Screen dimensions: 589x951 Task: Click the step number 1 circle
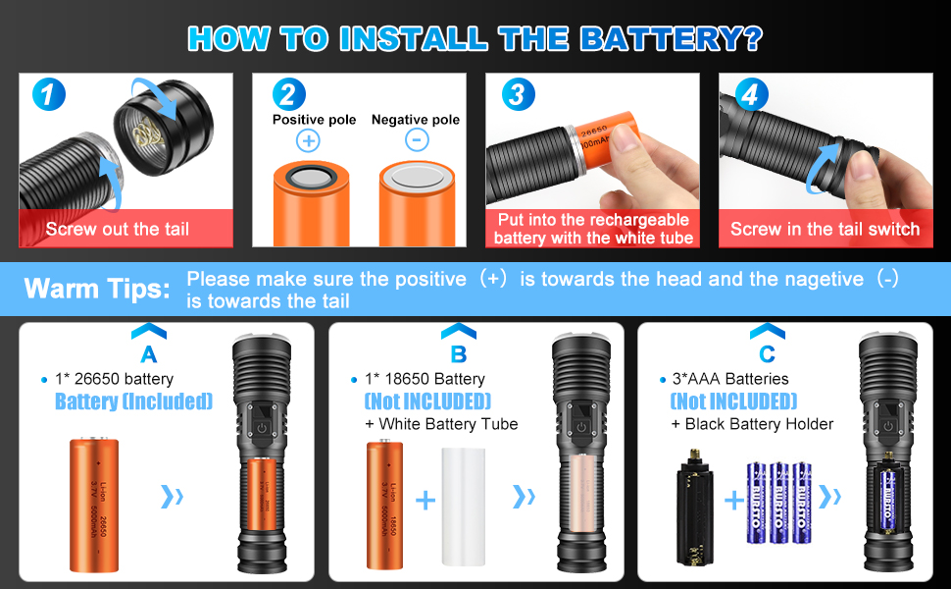[49, 95]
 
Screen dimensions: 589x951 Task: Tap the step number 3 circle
[518, 95]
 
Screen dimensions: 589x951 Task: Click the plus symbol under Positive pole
[309, 140]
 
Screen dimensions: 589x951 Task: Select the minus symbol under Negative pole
[416, 140]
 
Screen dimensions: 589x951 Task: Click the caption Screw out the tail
[118, 229]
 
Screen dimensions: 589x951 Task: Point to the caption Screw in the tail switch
[825, 229]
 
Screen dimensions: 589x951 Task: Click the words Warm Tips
[96, 289]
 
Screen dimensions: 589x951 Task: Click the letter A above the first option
[149, 354]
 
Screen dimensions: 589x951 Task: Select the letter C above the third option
[767, 354]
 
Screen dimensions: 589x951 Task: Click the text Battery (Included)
[133, 402]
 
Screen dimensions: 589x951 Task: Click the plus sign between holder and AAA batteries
[734, 501]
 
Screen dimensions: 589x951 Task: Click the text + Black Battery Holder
[752, 424]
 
